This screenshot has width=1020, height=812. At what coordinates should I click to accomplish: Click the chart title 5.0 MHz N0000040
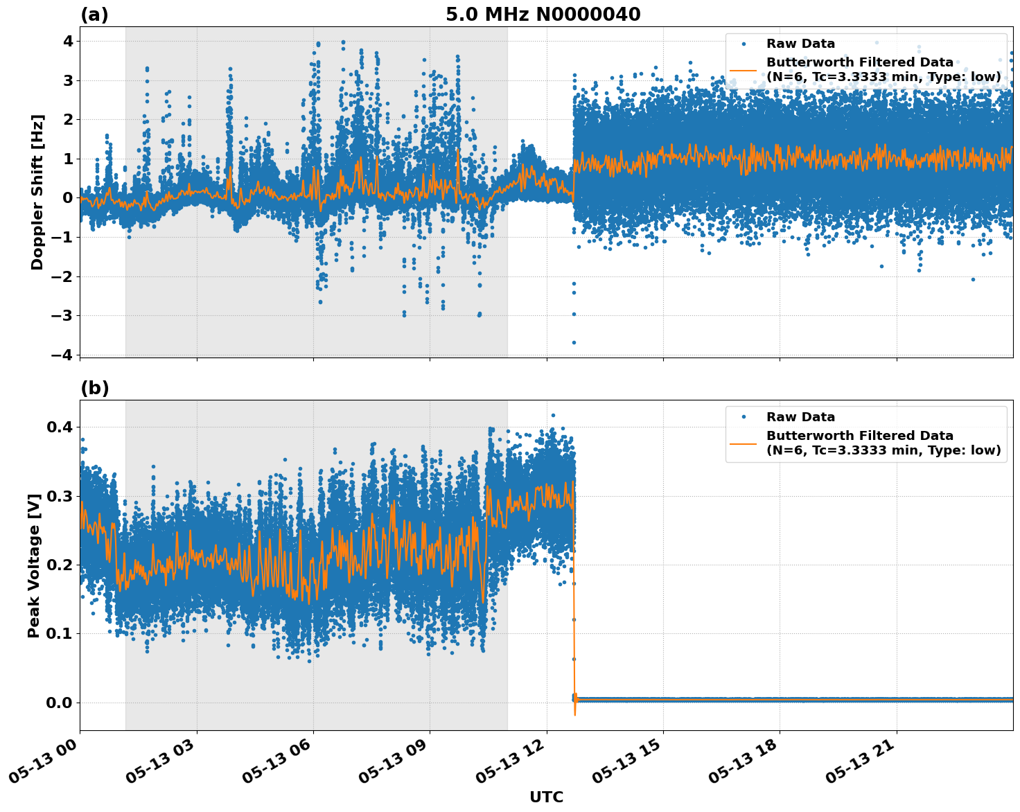pyautogui.click(x=543, y=15)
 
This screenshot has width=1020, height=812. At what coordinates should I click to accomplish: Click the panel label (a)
pyautogui.click(x=94, y=15)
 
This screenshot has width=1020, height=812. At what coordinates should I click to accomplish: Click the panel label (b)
pyautogui.click(x=94, y=388)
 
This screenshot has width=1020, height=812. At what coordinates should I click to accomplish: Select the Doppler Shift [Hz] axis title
pyautogui.click(x=37, y=192)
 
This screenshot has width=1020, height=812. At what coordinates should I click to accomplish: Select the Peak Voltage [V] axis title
pyautogui.click(x=34, y=565)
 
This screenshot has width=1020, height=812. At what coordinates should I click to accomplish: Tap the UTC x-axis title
pyautogui.click(x=546, y=797)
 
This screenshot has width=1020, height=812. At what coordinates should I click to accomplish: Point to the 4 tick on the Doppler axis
pyautogui.click(x=68, y=42)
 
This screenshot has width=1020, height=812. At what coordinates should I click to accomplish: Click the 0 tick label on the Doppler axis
pyautogui.click(x=68, y=198)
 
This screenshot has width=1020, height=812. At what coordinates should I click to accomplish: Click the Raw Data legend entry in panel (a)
pyautogui.click(x=800, y=44)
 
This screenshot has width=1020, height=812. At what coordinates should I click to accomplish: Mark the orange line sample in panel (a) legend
pyautogui.click(x=744, y=70)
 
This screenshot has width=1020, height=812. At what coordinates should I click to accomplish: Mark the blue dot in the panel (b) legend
pyautogui.click(x=744, y=417)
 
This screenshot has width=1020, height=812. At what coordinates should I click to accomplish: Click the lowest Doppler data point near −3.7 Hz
pyautogui.click(x=574, y=342)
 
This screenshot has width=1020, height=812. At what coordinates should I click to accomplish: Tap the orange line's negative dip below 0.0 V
pyautogui.click(x=575, y=714)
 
